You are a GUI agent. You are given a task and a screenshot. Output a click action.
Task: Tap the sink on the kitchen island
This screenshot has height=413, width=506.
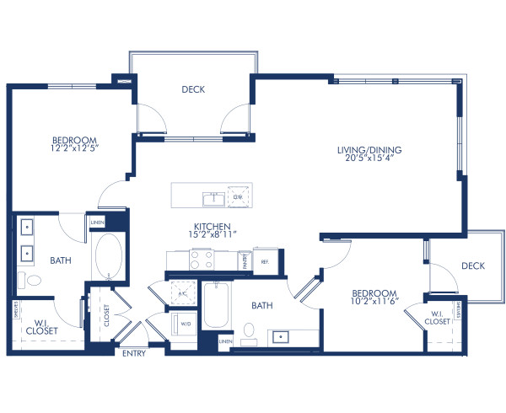pos(211,198)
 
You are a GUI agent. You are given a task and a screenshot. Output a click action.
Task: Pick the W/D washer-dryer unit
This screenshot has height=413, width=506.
pos(185,324)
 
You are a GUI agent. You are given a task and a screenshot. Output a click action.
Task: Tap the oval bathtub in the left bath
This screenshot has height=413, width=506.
pos(107,257)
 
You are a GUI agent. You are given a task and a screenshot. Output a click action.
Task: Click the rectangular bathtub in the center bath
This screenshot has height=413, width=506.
pos(216,304)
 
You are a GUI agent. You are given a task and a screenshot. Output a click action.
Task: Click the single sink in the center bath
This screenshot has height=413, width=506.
pos(280,336)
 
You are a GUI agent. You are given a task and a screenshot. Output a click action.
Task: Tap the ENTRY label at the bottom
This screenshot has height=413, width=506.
pos(134,353)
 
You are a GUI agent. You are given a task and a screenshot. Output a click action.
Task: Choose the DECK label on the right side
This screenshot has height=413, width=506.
pos(472,265)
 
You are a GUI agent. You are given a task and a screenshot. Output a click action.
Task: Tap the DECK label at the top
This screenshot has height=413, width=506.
pos(193,88)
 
